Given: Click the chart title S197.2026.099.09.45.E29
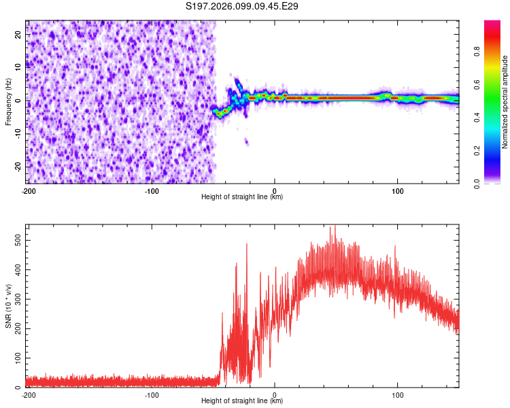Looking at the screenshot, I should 243,7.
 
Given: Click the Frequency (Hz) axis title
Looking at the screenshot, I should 8,102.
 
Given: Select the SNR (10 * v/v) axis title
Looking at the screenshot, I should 8,305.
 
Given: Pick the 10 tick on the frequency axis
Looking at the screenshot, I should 18,67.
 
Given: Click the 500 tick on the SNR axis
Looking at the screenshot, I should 17,241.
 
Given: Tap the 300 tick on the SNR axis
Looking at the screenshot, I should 17,299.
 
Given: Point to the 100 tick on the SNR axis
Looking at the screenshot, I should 17,358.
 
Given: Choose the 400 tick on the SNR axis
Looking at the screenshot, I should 17,270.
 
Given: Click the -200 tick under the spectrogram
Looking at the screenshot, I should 28,190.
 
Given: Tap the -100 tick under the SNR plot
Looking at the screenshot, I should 151,394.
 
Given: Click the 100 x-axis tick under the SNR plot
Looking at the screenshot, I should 397,394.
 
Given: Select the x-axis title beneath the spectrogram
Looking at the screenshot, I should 242,197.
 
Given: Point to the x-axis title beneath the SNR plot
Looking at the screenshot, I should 242,401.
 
